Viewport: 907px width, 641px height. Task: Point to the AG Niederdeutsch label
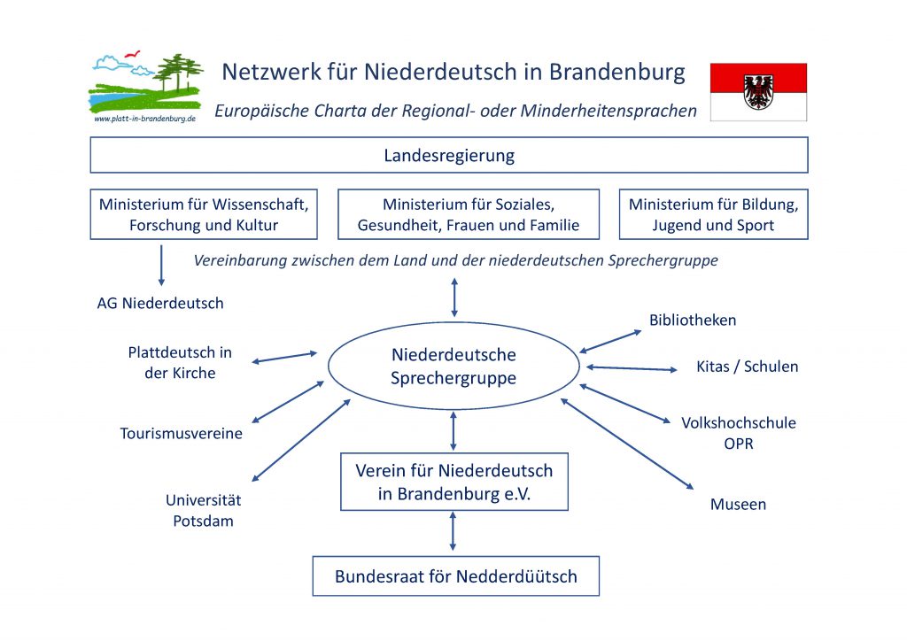(160, 304)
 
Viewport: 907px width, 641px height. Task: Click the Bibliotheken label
(693, 320)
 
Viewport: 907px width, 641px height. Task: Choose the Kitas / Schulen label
(747, 367)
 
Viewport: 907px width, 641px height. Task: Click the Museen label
(738, 505)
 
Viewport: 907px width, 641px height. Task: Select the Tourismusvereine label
(181, 434)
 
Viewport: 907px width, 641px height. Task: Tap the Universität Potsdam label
(203, 510)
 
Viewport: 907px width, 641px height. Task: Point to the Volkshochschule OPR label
(739, 433)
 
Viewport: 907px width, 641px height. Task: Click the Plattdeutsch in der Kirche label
(180, 362)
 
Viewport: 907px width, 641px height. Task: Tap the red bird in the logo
(133, 54)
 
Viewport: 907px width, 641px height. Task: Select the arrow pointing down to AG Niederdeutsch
(161, 266)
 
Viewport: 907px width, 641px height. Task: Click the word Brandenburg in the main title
(616, 73)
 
